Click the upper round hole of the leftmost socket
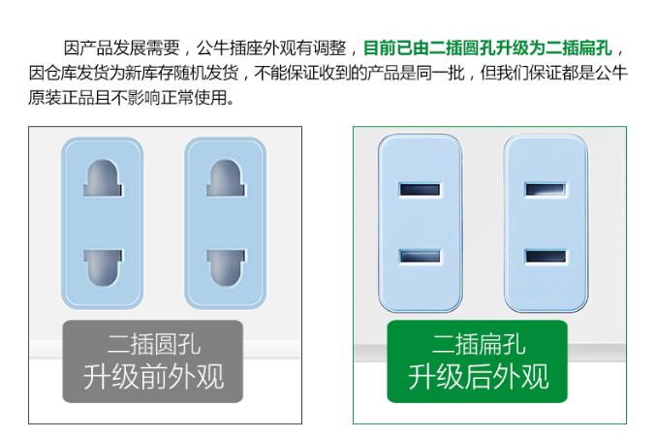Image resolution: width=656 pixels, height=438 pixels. tap(103, 177)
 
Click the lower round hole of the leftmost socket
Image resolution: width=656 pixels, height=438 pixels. tap(103, 268)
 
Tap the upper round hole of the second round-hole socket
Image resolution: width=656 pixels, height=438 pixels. tap(226, 177)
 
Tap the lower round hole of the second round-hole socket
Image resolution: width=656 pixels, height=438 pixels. tap(226, 268)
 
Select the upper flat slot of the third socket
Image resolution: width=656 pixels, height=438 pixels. tap(420, 190)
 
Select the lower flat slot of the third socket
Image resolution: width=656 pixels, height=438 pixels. tap(420, 257)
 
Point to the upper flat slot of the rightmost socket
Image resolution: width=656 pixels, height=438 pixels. tap(546, 190)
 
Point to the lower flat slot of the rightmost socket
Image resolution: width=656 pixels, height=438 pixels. tap(546, 257)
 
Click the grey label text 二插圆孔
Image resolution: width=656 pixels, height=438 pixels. tap(154, 344)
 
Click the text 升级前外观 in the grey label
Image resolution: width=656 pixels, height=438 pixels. tap(153, 377)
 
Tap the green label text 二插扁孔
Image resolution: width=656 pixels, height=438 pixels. tap(479, 344)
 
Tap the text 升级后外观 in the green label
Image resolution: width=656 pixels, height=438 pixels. tap(479, 377)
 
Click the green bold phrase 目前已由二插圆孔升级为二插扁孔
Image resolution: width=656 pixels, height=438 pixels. tap(487, 48)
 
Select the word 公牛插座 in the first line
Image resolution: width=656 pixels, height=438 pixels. tap(230, 48)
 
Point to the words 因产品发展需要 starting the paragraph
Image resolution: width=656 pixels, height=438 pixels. tap(122, 48)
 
